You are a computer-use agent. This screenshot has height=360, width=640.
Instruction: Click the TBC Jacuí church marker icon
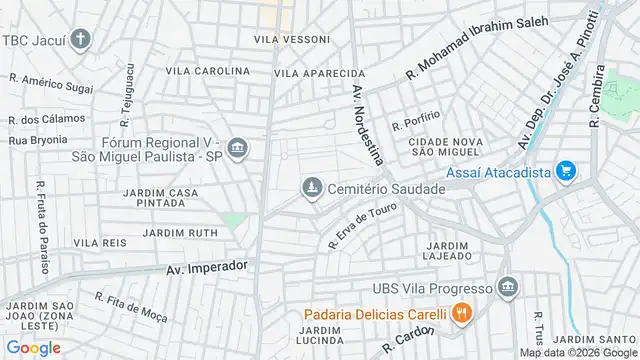tap(80, 40)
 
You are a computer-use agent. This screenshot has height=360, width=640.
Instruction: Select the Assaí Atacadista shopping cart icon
tap(567, 172)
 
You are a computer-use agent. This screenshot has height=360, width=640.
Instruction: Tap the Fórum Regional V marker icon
tap(238, 149)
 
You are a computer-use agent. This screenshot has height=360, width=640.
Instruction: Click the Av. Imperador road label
tap(205, 267)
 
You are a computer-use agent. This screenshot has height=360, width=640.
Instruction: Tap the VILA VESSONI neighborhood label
tap(292, 39)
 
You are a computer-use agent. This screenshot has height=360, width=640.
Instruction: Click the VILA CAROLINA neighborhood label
tap(207, 71)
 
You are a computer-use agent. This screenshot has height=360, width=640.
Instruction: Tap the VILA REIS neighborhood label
tap(99, 243)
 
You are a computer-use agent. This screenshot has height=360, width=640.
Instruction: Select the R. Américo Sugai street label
tap(51, 85)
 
